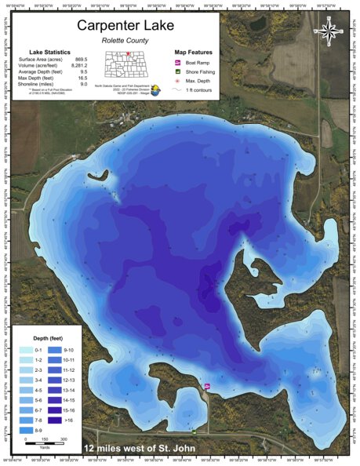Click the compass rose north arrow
[330, 31]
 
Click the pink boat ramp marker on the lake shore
[207, 386]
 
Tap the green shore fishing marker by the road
[195, 430]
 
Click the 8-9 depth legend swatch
[26, 431]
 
